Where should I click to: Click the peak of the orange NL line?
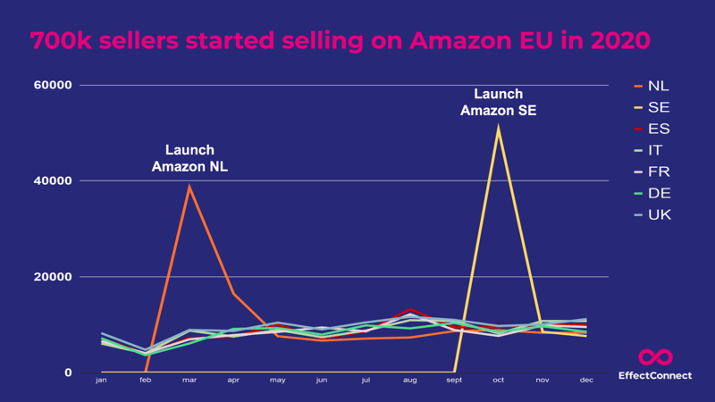point(189,187)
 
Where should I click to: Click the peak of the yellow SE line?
point(498,128)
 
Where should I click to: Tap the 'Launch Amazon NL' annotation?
point(189,158)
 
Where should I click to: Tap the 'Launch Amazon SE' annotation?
point(498,102)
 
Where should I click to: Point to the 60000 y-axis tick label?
point(53,86)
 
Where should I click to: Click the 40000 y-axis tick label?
point(53,181)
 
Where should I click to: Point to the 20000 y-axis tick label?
point(53,277)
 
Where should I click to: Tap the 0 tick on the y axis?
point(68,373)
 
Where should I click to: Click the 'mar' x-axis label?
point(189,381)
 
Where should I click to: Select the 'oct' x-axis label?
point(498,381)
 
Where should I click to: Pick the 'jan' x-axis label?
point(101,381)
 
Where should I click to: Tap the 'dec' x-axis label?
point(586,381)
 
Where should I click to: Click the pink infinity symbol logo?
point(655,357)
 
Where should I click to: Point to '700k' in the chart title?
point(59,41)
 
